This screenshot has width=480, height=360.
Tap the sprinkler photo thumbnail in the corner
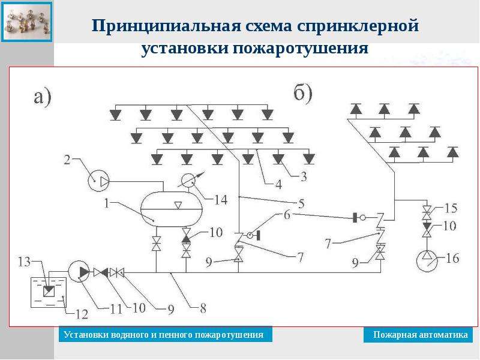pyautogui.click(x=26, y=22)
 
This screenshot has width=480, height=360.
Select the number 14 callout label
pyautogui.click(x=221, y=200)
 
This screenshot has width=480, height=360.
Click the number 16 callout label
pyautogui.click(x=452, y=259)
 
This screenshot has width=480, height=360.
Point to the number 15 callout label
pyautogui.click(x=451, y=208)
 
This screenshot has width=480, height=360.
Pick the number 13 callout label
pyautogui.click(x=24, y=262)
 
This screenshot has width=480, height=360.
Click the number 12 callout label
pyautogui.click(x=82, y=314)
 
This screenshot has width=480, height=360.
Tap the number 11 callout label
pyautogui.click(x=116, y=309)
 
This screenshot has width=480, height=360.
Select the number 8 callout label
pyautogui.click(x=203, y=308)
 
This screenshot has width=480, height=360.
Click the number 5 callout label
pyautogui.click(x=301, y=203)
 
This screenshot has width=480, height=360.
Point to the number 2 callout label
pyautogui.click(x=67, y=160)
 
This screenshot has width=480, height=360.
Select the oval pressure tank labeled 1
pyautogui.click(x=172, y=209)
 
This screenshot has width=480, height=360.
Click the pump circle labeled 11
pyautogui.click(x=79, y=271)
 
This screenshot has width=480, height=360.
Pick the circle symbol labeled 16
pyautogui.click(x=427, y=261)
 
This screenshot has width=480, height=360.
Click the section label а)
pyautogui.click(x=42, y=98)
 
